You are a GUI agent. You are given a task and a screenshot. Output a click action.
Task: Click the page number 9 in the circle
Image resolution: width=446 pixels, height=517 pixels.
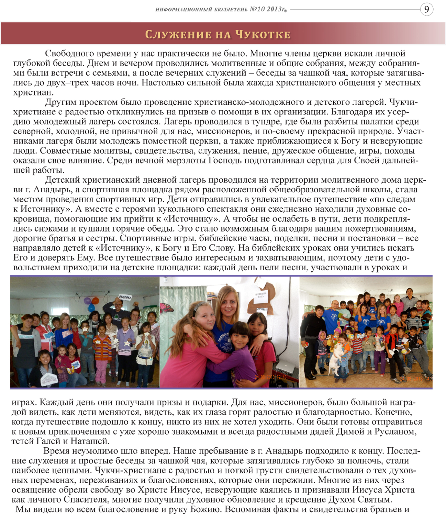[x=426, y=9]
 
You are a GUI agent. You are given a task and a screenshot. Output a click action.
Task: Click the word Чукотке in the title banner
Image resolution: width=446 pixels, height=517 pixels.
[x=262, y=34]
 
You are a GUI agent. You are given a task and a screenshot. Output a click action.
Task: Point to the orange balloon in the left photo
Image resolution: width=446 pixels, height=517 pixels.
[x=96, y=301]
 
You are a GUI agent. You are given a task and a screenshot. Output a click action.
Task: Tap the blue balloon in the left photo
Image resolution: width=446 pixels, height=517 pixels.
[x=91, y=308]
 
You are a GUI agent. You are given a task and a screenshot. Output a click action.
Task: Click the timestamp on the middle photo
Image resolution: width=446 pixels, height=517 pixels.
[x=270, y=377]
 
